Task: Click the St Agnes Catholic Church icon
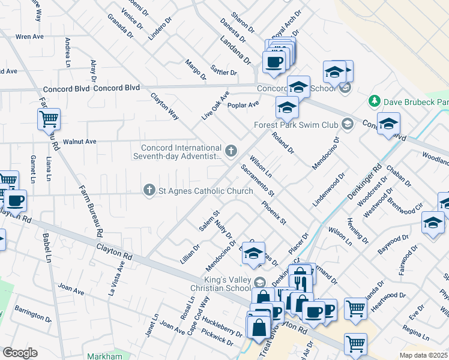(149, 190)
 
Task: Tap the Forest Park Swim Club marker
(347, 125)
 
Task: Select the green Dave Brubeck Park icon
(375, 100)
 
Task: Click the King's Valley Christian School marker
(259, 282)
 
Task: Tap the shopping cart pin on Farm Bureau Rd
(49, 118)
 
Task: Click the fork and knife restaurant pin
(300, 280)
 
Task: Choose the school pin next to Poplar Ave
(287, 108)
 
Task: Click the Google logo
(20, 353)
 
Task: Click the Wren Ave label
(30, 37)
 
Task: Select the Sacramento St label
(258, 181)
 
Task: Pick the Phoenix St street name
(274, 212)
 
